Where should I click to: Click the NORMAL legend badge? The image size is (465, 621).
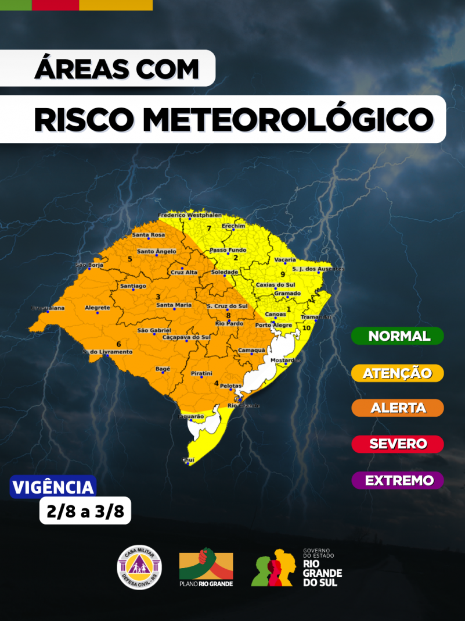(398, 336)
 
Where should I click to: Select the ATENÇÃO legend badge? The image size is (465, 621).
(398, 373)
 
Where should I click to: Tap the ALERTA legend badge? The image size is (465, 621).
(398, 408)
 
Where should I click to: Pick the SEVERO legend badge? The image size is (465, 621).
(398, 444)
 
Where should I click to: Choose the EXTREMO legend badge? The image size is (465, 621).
(398, 480)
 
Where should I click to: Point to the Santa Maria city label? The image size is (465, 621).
(174, 305)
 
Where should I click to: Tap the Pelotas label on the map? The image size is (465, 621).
(231, 386)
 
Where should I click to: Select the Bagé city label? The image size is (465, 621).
(163, 369)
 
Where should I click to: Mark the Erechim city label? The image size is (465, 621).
(234, 226)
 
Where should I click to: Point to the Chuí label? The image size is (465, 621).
(188, 459)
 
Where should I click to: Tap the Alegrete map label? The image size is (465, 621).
(97, 308)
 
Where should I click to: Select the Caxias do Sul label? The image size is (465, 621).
(276, 284)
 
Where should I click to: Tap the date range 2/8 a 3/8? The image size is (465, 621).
(85, 512)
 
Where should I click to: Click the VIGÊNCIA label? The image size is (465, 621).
(53, 487)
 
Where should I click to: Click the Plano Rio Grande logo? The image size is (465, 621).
(206, 567)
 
